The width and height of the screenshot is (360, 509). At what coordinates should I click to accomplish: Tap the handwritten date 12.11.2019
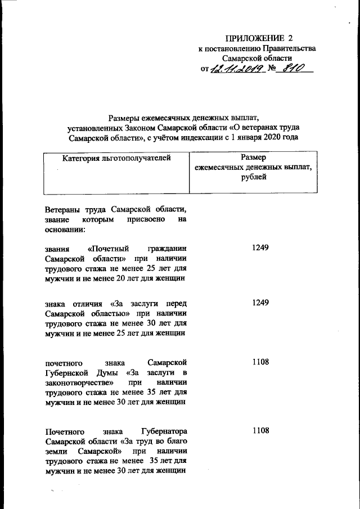(x=237, y=69)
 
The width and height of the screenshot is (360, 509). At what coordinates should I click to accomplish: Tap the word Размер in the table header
(x=253, y=158)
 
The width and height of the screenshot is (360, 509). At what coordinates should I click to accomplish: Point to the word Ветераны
(x=64, y=209)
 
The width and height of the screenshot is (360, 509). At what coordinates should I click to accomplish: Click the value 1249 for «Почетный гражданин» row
(x=261, y=247)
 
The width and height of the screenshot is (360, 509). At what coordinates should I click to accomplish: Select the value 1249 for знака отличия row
(x=261, y=303)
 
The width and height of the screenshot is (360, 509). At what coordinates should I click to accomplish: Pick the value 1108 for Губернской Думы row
(x=261, y=363)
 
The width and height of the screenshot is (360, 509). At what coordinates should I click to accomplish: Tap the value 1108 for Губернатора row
(x=261, y=431)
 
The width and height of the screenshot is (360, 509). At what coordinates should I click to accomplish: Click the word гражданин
(x=167, y=248)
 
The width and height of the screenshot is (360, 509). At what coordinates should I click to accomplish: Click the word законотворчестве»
(x=75, y=383)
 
